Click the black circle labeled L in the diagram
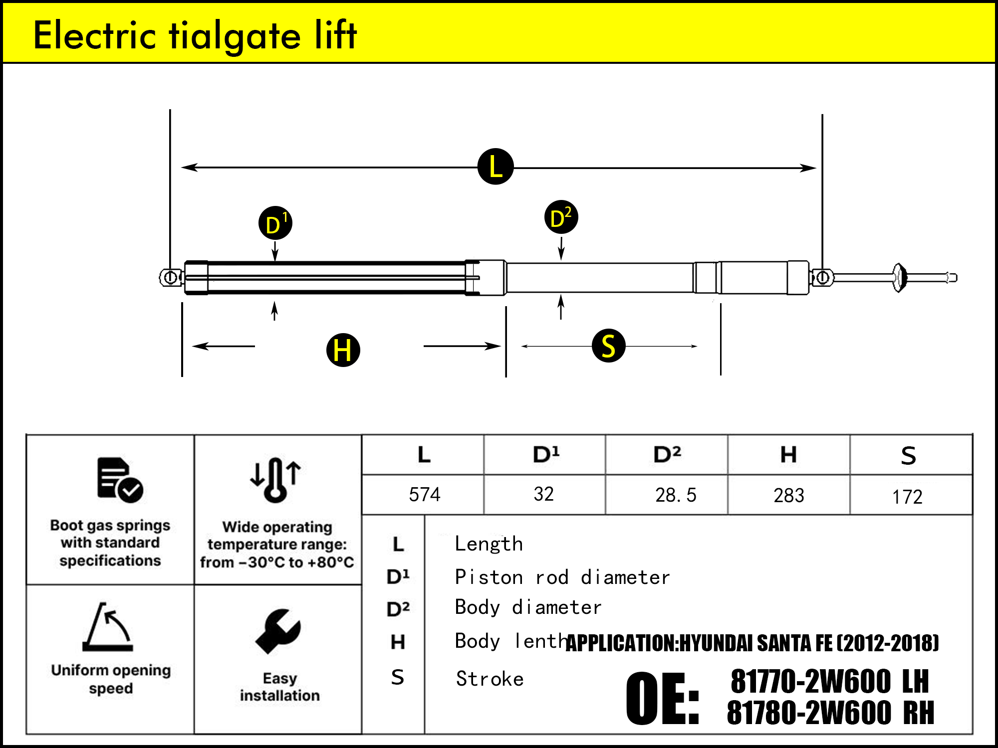tap(496, 167)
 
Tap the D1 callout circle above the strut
tap(275, 223)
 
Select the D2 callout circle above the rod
tap(561, 217)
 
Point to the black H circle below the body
tap(343, 350)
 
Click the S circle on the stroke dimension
tap(608, 346)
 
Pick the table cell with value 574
tap(424, 495)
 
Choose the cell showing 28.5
tap(675, 495)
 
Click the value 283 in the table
tap(788, 496)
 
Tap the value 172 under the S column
tap(907, 497)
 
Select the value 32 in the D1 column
tap(543, 494)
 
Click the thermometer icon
tap(275, 480)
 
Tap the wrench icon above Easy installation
tap(278, 631)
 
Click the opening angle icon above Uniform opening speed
tap(108, 627)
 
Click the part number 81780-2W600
tap(809, 713)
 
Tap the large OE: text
tap(663, 698)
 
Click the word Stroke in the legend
tap(490, 679)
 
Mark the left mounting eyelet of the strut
tap(171, 277)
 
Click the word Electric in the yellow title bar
tap(95, 35)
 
